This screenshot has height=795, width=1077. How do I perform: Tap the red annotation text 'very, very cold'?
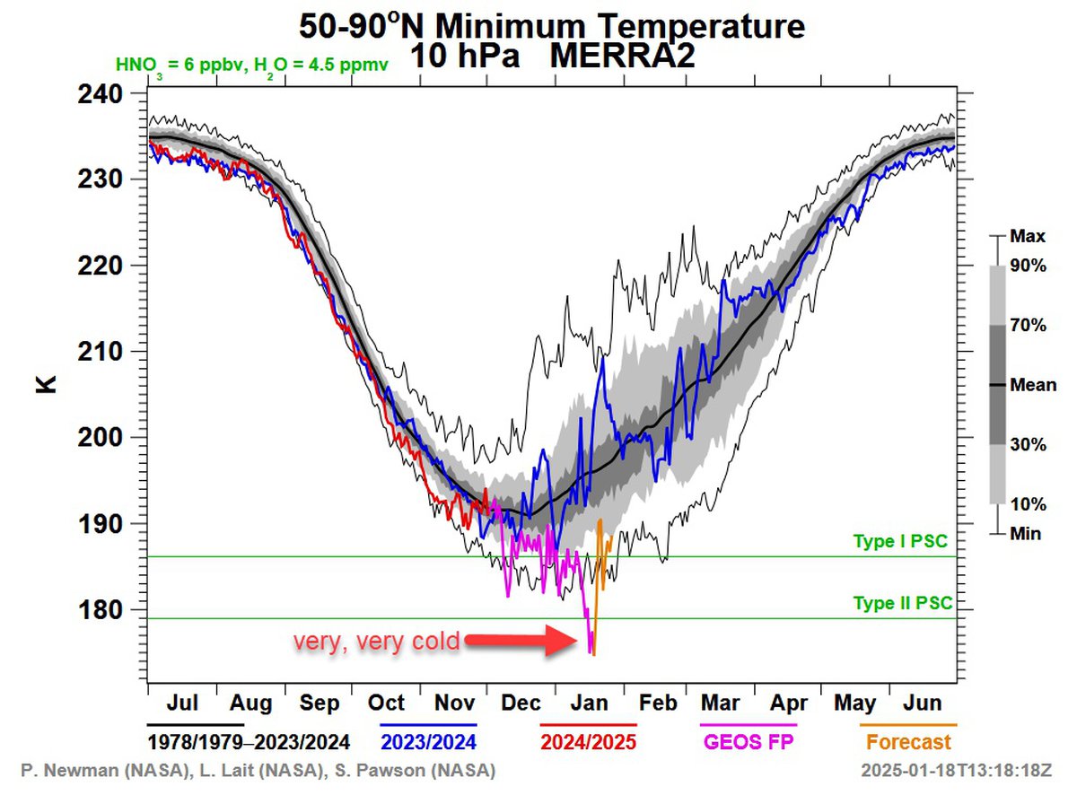pos(377,642)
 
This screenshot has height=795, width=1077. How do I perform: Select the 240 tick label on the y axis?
pos(101,94)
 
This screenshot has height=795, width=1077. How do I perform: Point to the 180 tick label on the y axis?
pos(101,610)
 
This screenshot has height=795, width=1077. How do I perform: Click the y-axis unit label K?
pos(46,383)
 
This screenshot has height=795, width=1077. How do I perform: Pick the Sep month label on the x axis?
pos(319,703)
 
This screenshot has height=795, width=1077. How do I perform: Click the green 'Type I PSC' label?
pos(899,542)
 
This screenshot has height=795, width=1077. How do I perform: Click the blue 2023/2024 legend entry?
pos(428,742)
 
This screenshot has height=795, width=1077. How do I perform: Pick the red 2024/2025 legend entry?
pos(588,742)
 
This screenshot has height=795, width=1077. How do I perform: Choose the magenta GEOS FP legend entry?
pos(749,742)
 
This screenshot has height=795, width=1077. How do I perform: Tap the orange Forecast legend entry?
pos(908,742)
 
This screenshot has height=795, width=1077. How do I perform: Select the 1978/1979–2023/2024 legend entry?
pos(248,742)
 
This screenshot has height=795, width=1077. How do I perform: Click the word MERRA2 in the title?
pos(621,56)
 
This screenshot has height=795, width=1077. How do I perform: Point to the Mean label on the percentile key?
pos(1032,386)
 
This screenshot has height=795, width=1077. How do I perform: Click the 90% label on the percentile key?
pos(1028,266)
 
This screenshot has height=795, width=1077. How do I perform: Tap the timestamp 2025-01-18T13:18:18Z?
pos(957,771)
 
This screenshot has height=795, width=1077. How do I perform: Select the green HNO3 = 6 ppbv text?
pos(174,66)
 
